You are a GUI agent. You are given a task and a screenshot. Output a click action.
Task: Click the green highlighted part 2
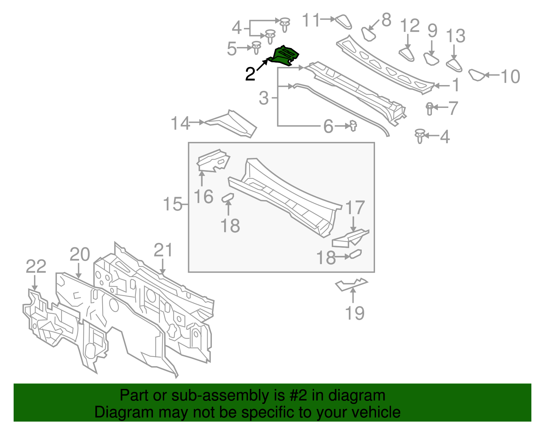[285, 56]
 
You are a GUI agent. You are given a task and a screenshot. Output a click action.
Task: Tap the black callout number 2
[250, 74]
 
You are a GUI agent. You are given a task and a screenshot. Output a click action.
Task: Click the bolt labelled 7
[429, 108]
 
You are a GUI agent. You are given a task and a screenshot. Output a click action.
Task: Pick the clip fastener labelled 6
[353, 126]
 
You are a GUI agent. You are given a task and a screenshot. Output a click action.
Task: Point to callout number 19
[355, 313]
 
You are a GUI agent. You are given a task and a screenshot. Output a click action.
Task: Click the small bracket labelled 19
[351, 284]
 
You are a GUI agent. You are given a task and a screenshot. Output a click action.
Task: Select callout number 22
[36, 266]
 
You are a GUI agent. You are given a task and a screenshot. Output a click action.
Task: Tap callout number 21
[163, 250]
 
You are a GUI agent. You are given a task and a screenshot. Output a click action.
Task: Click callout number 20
[80, 255]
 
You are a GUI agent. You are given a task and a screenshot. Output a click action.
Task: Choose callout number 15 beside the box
[173, 205]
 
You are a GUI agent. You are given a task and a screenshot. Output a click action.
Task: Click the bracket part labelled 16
[213, 161]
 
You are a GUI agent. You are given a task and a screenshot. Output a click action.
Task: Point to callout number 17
[355, 208]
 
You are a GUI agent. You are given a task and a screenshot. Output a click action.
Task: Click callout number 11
[311, 20]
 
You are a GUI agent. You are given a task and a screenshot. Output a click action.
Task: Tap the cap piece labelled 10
[477, 75]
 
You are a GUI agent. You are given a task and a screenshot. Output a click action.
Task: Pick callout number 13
[455, 36]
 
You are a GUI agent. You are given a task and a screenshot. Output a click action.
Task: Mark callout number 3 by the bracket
[264, 98]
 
